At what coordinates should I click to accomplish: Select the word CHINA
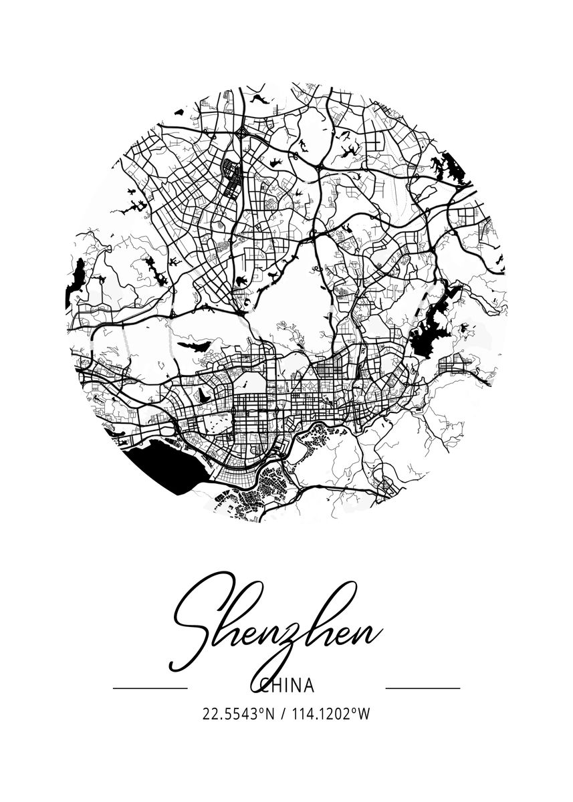click(x=286, y=686)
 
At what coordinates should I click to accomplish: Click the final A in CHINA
click(x=308, y=686)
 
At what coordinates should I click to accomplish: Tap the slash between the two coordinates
click(x=283, y=714)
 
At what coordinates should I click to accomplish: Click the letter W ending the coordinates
click(x=364, y=714)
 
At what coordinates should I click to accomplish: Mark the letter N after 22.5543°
click(x=270, y=714)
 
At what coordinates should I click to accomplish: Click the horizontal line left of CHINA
click(x=150, y=687)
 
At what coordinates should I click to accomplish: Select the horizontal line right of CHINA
click(x=423, y=687)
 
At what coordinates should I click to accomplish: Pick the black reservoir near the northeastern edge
click(x=444, y=164)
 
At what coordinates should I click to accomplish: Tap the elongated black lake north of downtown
click(x=195, y=347)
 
